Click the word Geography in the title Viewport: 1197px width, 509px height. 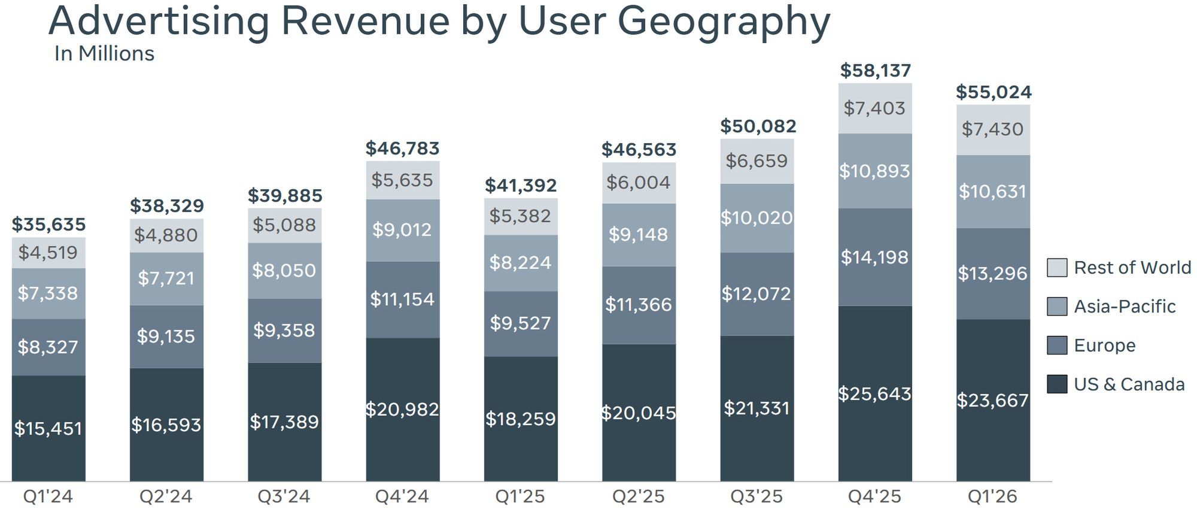[x=724, y=22]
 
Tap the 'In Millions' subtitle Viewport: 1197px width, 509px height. [x=104, y=54]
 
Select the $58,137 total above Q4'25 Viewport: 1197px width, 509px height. [x=875, y=71]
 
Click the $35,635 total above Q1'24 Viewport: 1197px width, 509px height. [x=48, y=225]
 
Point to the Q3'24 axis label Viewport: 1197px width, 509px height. [x=284, y=496]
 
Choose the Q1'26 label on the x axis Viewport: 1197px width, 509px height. [x=992, y=496]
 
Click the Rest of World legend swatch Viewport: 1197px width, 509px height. [x=1057, y=268]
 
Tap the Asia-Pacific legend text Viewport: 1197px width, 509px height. [x=1125, y=307]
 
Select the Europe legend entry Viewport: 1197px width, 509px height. [x=1104, y=346]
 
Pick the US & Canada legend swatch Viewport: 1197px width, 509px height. [x=1057, y=384]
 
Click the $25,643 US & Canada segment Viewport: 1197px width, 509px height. [x=875, y=393]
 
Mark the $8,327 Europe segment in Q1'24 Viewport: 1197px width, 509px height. [x=48, y=347]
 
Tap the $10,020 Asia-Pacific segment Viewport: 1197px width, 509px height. [x=757, y=218]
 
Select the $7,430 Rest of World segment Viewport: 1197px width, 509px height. [x=992, y=129]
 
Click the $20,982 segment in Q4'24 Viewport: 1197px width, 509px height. [x=402, y=410]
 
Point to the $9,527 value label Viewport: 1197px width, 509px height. [x=520, y=323]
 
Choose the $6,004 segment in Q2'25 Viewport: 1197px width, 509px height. [x=639, y=183]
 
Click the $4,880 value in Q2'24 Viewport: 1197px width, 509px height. [x=166, y=235]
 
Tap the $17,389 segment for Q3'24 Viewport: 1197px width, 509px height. [x=284, y=422]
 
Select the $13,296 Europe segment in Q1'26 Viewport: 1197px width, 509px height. [x=992, y=274]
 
